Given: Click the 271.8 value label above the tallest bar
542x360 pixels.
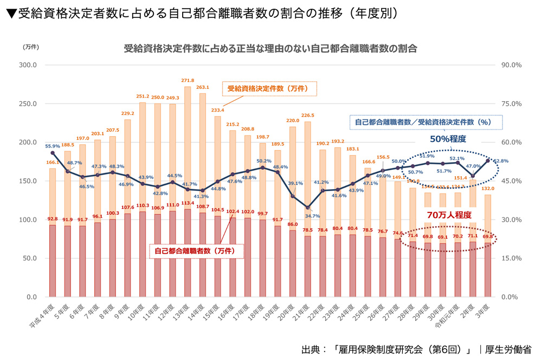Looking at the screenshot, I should pos(188,80).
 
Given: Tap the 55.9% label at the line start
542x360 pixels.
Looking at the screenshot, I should pos(53,146).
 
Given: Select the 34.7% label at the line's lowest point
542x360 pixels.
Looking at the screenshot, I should pos(312,216).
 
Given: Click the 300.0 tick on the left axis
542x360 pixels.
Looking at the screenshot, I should pos(27,65).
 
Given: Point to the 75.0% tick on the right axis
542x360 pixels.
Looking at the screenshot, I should pos(512,104).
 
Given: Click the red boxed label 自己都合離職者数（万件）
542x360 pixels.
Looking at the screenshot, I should pos(196,251).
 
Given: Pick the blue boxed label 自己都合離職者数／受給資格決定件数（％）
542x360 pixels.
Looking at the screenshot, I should pos(422,122).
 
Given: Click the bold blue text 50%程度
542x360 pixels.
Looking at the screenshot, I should pos(448,139).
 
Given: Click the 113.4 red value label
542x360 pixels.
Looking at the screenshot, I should pos(188,204).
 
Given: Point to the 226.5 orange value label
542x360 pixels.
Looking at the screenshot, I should pos(308,115).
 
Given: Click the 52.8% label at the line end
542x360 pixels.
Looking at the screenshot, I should pos(500,161).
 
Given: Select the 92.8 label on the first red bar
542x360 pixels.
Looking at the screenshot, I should pos(53,219).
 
